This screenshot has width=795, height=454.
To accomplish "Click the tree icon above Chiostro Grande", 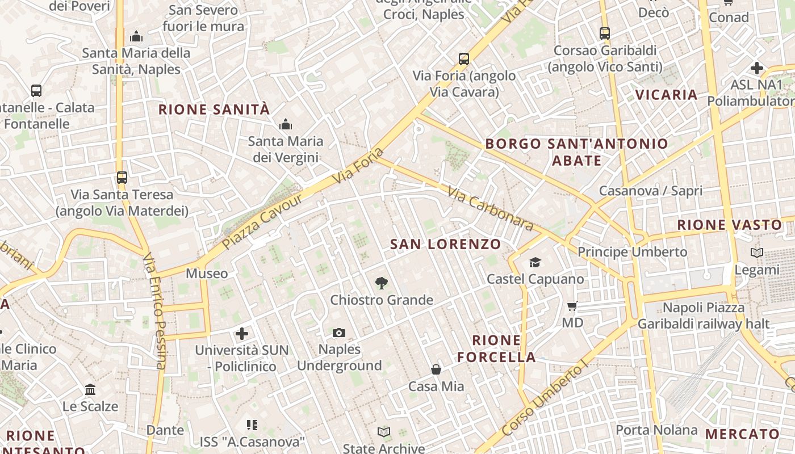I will [382, 283].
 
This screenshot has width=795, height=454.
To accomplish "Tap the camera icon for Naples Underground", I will [339, 333].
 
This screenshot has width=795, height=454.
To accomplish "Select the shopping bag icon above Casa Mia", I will [436, 369].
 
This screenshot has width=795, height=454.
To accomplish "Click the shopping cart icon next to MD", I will [572, 306].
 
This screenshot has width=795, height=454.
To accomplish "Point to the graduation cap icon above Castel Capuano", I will [535, 262].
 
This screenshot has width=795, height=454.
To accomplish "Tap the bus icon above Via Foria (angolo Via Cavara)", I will [464, 58].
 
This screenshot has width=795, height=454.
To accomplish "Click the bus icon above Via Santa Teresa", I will [122, 177].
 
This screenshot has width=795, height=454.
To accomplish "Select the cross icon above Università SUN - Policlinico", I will [242, 333].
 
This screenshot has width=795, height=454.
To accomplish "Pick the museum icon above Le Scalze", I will [90, 390].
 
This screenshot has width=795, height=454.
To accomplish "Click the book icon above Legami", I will [757, 253].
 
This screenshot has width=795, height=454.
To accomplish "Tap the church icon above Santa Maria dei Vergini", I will [285, 124].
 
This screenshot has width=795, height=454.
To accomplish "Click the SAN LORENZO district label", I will [446, 245].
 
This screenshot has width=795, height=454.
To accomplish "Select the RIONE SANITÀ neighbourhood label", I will [214, 110].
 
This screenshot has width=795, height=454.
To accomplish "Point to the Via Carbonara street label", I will [491, 208].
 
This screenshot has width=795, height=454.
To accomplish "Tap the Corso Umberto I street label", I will [545, 400].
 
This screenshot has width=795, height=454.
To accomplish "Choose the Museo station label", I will [207, 274].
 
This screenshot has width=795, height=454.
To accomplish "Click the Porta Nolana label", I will [656, 430].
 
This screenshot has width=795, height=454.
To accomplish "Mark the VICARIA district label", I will [666, 94].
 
